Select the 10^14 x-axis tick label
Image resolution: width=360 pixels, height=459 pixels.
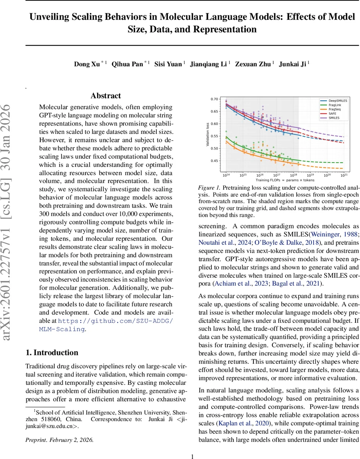click(x=226, y=175)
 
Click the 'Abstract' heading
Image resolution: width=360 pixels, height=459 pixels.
click(x=105, y=96)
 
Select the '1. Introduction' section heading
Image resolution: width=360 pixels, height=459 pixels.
click(x=52, y=352)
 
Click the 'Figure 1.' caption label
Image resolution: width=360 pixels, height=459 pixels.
click(x=209, y=188)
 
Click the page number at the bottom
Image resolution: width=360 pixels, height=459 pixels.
click(x=193, y=446)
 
